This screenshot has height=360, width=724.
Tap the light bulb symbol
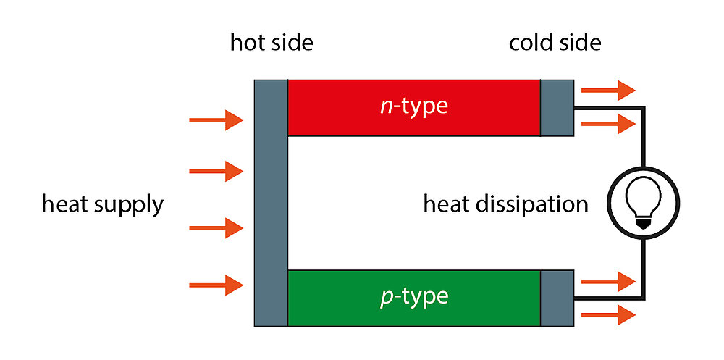click(643, 204)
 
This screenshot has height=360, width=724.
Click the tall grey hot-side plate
click(271, 202)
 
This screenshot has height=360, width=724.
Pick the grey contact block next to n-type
click(557, 107)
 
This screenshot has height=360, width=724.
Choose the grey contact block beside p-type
click(557, 297)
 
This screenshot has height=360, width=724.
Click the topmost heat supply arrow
click(216, 120)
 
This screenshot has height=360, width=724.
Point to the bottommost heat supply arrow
click(216, 285)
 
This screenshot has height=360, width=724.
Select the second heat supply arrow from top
click(216, 171)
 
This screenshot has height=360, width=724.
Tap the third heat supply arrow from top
click(216, 228)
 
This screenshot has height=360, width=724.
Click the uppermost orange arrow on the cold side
click(608, 90)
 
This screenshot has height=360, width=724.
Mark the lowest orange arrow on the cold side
click(608, 315)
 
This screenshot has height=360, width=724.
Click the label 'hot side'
click(271, 43)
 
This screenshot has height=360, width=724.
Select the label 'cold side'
click(555, 43)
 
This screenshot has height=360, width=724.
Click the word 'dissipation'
click(536, 204)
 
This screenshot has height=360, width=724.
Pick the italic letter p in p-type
click(386, 298)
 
